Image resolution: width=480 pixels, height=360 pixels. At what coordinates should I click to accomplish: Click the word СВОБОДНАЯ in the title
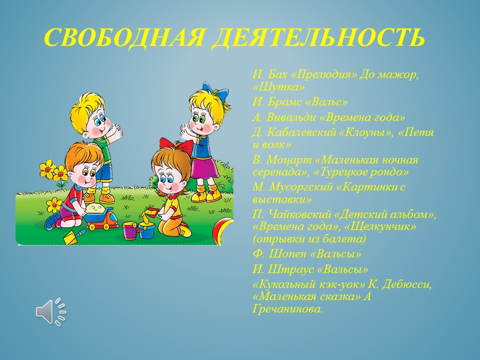[124, 37]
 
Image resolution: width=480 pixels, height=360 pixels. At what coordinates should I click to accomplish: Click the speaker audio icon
[51, 311]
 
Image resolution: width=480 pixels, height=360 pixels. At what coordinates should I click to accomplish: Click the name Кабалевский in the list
[301, 132]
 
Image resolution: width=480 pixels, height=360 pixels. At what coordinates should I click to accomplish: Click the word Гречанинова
[287, 309]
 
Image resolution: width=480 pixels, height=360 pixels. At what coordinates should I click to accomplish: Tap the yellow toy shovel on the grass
[73, 236]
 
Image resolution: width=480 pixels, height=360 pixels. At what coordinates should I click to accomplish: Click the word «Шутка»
[279, 87]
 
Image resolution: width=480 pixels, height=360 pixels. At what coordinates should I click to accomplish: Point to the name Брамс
[284, 102]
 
